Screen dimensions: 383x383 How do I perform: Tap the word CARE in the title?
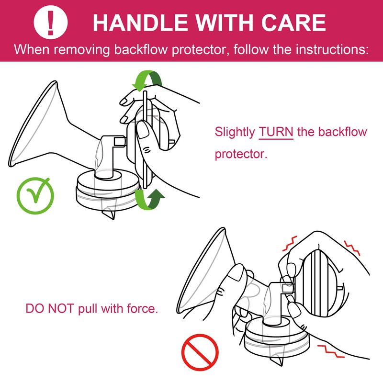[295, 22]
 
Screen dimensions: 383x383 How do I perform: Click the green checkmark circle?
[35, 195]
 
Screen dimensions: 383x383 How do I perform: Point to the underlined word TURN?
[276, 132]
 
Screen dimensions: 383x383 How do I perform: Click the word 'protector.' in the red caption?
[239, 154]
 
